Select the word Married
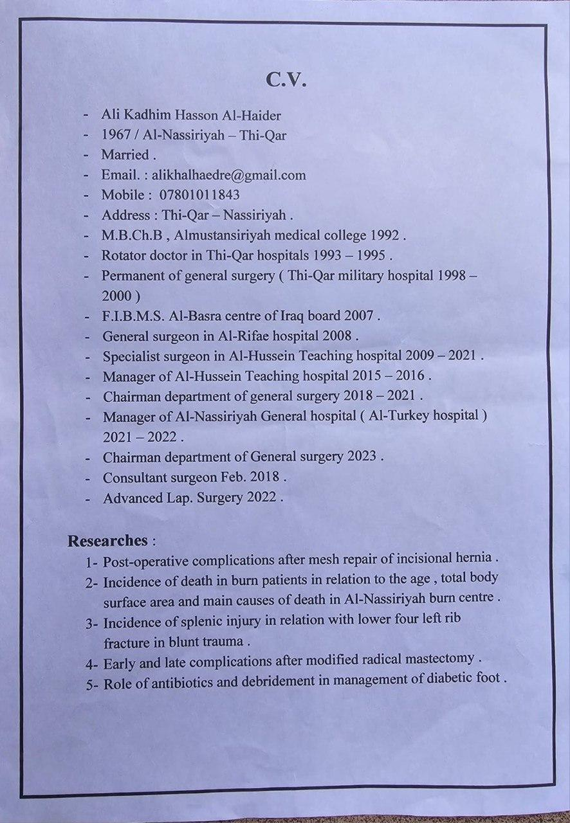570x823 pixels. click(125, 155)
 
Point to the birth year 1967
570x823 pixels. click(116, 136)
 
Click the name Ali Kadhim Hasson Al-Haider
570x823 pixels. click(191, 116)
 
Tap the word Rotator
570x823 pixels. click(124, 255)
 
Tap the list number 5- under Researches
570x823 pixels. click(93, 684)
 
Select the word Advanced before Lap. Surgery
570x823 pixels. click(129, 498)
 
